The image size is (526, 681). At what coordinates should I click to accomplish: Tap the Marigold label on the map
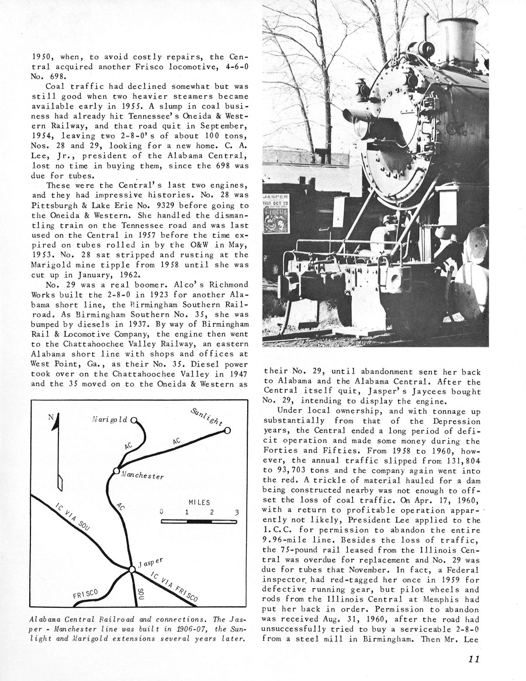pos(110,420)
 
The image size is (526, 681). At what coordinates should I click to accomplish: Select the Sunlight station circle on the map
pos(227,430)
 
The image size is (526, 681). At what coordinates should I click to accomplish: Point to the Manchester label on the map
pos(143,475)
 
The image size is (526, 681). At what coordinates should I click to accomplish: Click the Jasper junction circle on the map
pos(131,569)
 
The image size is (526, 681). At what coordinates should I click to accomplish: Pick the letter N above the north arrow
pos(51,417)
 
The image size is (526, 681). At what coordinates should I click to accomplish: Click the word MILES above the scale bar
pos(199,502)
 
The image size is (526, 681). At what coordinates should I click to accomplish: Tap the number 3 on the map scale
pos(237,513)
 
